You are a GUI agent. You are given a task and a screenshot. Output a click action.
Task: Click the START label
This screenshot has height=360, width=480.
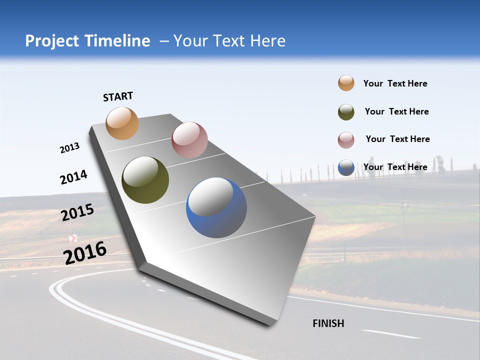[x=118, y=96]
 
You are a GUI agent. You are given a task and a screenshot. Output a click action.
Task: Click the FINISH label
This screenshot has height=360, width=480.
[x=328, y=323]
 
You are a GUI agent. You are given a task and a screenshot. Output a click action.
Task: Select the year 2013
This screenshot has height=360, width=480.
[x=69, y=148]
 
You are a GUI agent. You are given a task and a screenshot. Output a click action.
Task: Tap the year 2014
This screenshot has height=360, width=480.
[x=73, y=177]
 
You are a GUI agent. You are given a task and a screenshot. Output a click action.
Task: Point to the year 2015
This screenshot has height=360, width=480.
[x=77, y=212]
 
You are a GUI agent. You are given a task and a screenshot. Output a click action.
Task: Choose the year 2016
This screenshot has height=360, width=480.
[x=85, y=253]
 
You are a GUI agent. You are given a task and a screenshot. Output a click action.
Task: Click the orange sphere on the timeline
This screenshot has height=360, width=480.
[x=122, y=123]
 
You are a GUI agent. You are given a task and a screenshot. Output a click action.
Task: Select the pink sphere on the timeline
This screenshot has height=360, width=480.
[x=189, y=140]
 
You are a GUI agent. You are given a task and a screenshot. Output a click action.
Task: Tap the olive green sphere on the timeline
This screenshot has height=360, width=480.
[x=145, y=180]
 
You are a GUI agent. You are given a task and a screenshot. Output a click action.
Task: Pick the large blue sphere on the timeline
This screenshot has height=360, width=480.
[x=216, y=207]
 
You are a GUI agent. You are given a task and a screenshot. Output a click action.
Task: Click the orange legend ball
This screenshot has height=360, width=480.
[x=346, y=83]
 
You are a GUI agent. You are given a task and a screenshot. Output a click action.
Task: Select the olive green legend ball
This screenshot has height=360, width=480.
[x=346, y=112]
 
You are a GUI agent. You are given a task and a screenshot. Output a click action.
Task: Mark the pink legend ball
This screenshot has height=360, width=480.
[x=346, y=140]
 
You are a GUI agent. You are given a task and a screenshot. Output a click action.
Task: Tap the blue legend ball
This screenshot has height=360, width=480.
[x=346, y=167]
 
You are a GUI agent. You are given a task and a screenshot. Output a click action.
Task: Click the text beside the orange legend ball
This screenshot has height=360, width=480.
[x=395, y=83]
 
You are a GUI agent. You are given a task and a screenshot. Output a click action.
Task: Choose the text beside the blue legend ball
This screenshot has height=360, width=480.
[x=395, y=167]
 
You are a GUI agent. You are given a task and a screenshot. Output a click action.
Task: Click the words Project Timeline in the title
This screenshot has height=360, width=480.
[x=87, y=41]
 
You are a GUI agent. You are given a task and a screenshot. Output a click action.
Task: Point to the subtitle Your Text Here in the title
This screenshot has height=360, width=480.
[x=229, y=41]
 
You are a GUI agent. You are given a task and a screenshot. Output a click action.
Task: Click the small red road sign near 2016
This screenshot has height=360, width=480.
[x=73, y=238]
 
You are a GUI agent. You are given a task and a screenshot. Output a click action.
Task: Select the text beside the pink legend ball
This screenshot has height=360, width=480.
[x=397, y=139]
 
